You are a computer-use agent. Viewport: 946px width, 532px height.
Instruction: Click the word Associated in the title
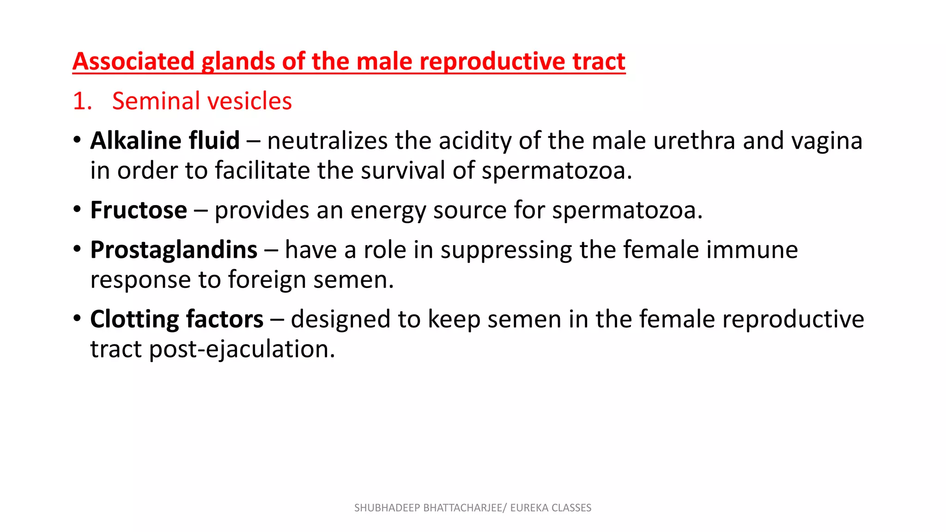click(x=133, y=61)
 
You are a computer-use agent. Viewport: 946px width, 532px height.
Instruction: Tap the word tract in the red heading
click(x=599, y=61)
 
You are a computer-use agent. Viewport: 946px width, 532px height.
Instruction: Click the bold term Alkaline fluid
click(x=165, y=140)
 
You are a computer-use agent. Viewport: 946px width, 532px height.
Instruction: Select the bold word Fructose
click(x=139, y=210)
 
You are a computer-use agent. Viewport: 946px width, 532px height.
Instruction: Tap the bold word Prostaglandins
click(x=174, y=250)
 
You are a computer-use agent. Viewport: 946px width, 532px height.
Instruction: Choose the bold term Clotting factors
click(x=176, y=319)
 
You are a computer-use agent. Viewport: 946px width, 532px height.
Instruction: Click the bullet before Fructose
click(x=77, y=209)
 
